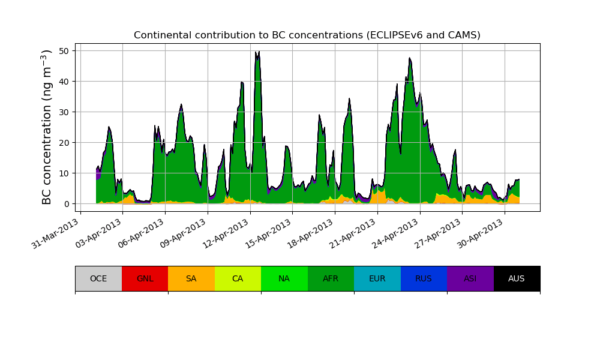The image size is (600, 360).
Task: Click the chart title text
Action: [307, 35]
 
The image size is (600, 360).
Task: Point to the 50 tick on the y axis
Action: [67, 50]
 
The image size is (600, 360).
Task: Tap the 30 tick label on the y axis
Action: [67, 112]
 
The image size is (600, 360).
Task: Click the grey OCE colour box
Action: [98, 278]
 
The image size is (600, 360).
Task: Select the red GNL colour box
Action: [145, 278]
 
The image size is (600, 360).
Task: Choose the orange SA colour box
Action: [191, 278]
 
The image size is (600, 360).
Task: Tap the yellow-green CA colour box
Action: [238, 278]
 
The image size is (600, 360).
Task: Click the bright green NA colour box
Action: [284, 278]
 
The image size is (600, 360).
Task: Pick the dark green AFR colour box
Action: [331, 278]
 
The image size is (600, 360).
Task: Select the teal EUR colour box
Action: [377, 278]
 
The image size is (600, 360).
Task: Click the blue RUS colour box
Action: [424, 278]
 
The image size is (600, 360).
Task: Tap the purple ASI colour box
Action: [470, 278]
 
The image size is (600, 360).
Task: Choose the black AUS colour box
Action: [517, 278]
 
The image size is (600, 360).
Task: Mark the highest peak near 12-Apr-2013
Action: [259, 52]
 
